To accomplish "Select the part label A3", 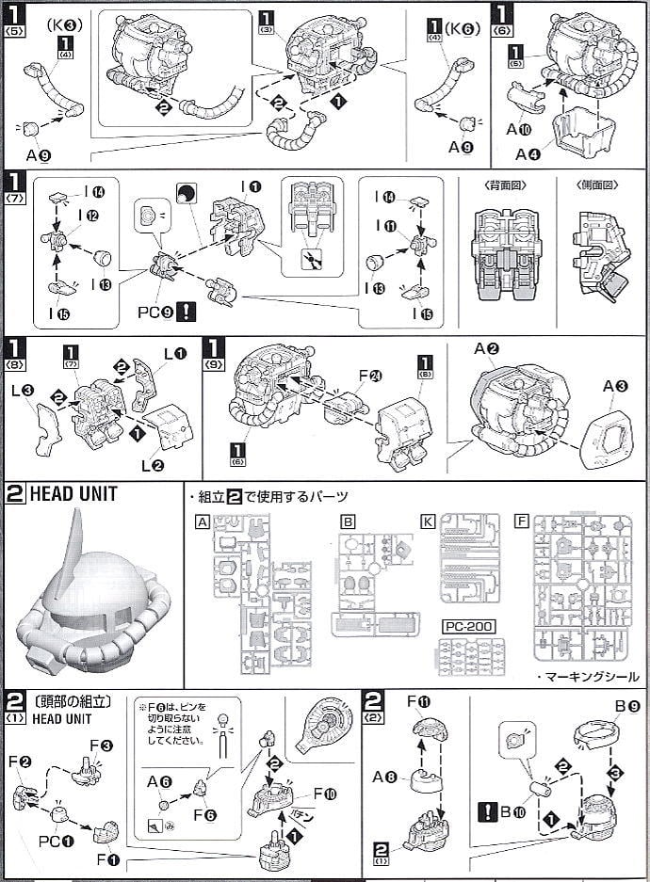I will click(x=616, y=385).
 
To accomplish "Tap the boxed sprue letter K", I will click(x=429, y=521).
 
